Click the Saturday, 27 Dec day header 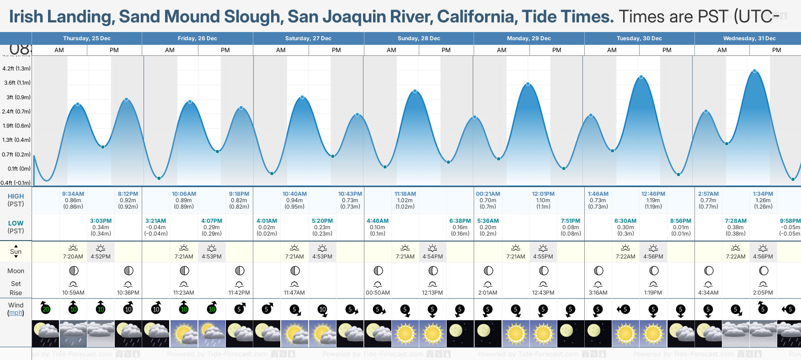click(308, 38)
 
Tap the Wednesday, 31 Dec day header click(749, 38)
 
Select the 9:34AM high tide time click(73, 194)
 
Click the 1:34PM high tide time click(763, 194)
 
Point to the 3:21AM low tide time click(156, 221)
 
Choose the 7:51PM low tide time click(571, 221)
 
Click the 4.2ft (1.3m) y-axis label click(16, 69)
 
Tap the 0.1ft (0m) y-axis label click(16, 169)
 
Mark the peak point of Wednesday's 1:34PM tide click(755, 71)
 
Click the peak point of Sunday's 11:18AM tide click(415, 91)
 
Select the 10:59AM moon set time click(73, 293)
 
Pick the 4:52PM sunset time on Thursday click(101, 257)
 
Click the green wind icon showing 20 click(46, 309)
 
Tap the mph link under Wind click(16, 313)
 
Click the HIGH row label click(16, 196)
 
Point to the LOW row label click(16, 223)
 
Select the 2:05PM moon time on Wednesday click(763, 293)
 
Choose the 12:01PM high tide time click(543, 194)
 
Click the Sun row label click(16, 252)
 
